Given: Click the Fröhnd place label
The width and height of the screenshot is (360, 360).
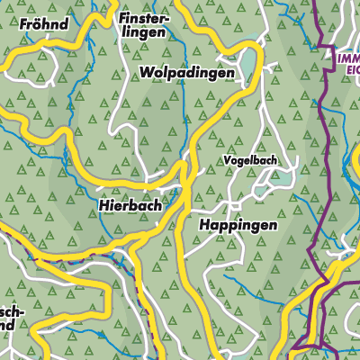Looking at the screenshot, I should click(43, 24).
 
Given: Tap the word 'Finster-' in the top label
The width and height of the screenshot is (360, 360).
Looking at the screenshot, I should click(142, 17).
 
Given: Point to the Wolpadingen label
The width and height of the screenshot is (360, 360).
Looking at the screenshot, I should click(186, 71).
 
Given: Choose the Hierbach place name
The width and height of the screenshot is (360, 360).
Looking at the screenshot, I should click(129, 205).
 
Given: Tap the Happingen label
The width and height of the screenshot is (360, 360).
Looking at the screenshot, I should click(238, 226).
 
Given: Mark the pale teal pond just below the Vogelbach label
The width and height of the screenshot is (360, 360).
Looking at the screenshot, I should click(278, 179).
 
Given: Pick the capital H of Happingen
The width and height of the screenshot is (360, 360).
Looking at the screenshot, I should click(204, 225).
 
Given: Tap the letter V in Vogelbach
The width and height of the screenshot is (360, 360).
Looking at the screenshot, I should click(228, 161).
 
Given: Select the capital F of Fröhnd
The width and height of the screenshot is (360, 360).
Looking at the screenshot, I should click(22, 24).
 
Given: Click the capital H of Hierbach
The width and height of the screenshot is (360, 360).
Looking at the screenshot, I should click(101, 205).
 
